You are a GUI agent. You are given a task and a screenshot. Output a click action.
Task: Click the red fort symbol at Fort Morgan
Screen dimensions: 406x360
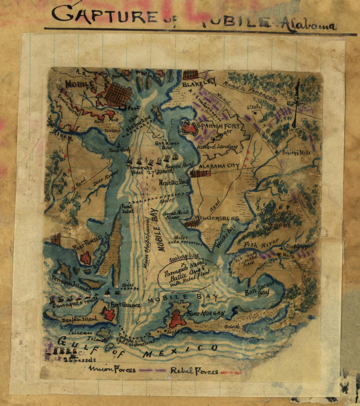[x=177, y=319]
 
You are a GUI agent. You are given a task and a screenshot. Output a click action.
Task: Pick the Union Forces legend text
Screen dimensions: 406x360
[x=112, y=370]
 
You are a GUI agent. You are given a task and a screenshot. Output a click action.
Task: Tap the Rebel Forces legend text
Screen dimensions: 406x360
[x=194, y=371]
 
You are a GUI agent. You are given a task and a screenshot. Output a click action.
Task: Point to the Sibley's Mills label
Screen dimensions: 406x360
[x=296, y=152]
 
